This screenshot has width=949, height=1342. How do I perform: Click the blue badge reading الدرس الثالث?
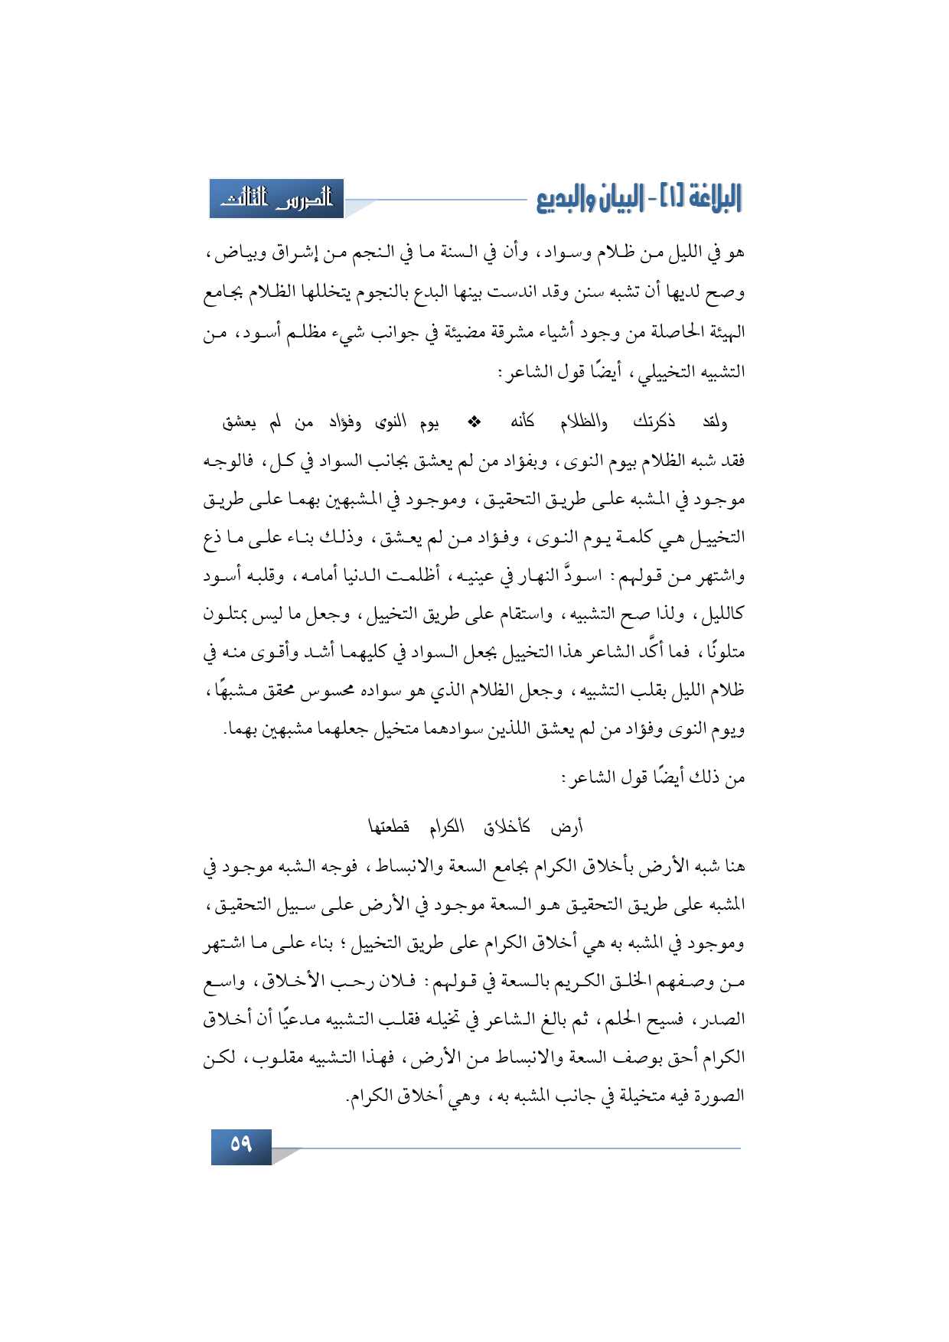click(x=277, y=199)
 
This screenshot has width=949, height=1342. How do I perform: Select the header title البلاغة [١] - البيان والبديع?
click(x=638, y=199)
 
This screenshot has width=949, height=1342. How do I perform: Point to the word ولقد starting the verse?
click(x=714, y=422)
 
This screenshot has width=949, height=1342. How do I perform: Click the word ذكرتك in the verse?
click(x=654, y=422)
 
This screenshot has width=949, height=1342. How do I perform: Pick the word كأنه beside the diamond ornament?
click(x=523, y=422)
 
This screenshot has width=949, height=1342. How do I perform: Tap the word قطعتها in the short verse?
click(x=389, y=827)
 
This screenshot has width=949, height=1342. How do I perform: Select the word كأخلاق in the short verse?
click(x=507, y=827)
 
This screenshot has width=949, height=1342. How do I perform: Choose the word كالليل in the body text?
click(x=722, y=614)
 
